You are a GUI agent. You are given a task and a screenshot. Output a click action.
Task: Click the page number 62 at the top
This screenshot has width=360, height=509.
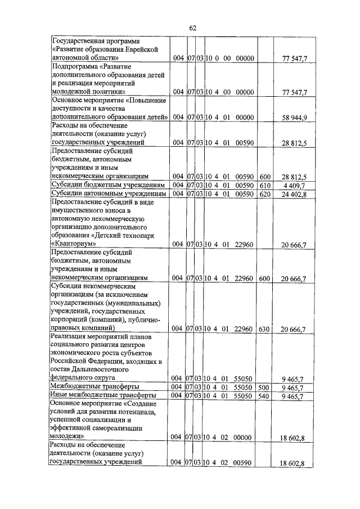tap(192, 28)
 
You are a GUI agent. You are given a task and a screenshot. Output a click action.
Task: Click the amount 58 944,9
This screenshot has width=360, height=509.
tap(293, 118)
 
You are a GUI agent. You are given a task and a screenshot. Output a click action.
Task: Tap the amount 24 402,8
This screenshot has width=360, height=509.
tap(293, 194)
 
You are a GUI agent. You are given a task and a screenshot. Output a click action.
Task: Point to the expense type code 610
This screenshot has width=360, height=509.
tap(265, 185)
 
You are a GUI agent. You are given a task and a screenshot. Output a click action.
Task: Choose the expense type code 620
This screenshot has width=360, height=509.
tap(265, 194)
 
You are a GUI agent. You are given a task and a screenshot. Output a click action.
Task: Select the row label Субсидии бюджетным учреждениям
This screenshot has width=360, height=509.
tap(107, 185)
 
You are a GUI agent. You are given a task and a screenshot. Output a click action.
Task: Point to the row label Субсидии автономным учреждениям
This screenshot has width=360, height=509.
tap(107, 194)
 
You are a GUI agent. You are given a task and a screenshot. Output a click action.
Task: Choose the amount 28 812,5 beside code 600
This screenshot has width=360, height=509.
tap(293, 176)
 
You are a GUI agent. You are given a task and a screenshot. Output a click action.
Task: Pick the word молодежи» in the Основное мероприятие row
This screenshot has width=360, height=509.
tap(67, 436)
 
